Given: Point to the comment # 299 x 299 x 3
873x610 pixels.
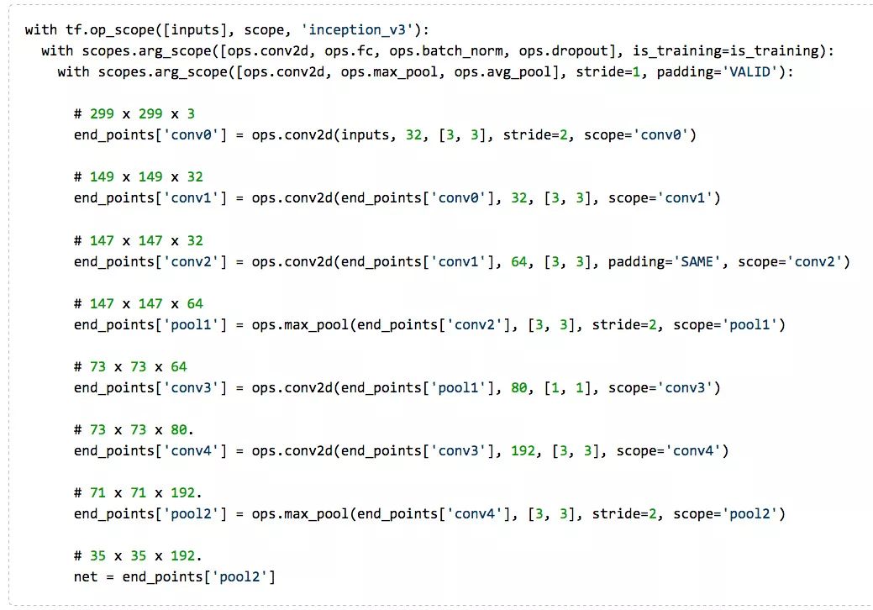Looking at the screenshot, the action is click(x=134, y=113).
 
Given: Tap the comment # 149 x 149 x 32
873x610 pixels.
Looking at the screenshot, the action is click(x=139, y=176).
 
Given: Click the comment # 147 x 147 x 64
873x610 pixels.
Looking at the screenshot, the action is click(x=139, y=303).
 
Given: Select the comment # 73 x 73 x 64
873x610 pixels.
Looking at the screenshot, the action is click(x=130, y=366).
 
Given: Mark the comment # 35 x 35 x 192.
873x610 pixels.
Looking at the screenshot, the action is click(x=139, y=555).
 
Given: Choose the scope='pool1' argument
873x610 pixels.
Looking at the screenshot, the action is click(x=729, y=324).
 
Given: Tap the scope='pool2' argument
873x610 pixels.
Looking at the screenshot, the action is click(x=729, y=513).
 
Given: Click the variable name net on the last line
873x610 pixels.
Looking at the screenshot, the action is click(x=86, y=576).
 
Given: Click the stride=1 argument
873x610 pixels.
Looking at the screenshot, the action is click(x=607, y=72).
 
